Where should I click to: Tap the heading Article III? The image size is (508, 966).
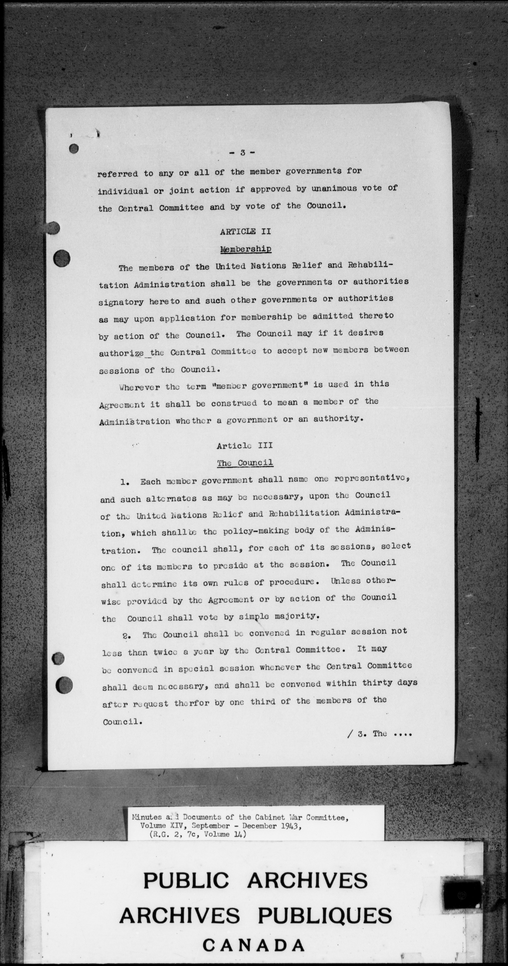click(244, 445)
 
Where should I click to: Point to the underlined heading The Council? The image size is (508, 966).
click(245, 463)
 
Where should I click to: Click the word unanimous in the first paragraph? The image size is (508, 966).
click(334, 189)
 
